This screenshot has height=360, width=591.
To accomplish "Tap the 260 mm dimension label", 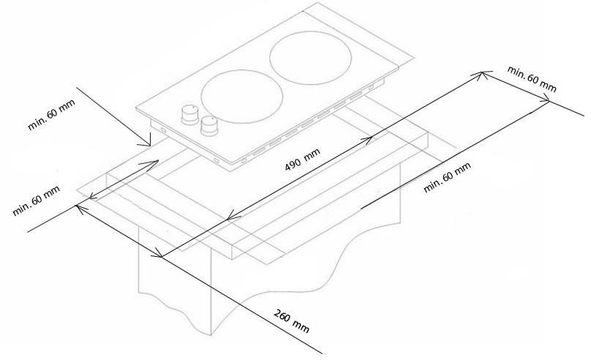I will pyautogui.click(x=291, y=324).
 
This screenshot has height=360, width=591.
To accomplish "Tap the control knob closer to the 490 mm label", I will pyautogui.click(x=211, y=126).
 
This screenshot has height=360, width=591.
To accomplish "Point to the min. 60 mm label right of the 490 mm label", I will pyautogui.click(x=447, y=180).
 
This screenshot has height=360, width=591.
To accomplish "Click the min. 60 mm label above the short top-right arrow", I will pyautogui.click(x=532, y=78).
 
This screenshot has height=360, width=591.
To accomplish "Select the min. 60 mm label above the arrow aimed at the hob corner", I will pyautogui.click(x=51, y=114).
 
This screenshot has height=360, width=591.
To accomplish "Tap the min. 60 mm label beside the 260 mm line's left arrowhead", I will pyautogui.click(x=36, y=200).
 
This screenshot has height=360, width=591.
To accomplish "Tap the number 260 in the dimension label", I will pyautogui.click(x=282, y=319).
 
